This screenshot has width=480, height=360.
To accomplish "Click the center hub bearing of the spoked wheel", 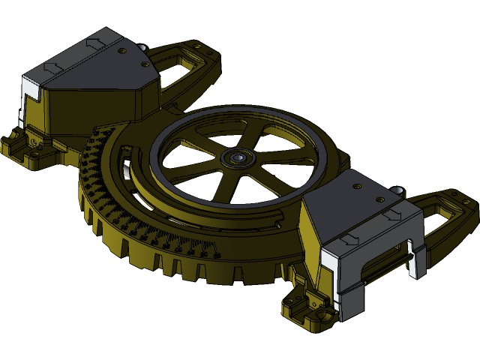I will pyautogui.click(x=239, y=157).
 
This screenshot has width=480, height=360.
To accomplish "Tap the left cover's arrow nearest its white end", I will pyautogui.click(x=52, y=67).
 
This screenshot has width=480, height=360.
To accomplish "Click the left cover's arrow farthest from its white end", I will pyautogui.click(x=94, y=43).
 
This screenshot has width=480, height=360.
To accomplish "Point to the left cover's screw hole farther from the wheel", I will pyautogui.click(x=122, y=52).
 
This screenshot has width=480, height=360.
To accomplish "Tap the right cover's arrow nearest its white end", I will pyautogui.click(x=349, y=241).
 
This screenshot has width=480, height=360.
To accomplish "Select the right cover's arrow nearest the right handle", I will pyautogui.click(x=391, y=217).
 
